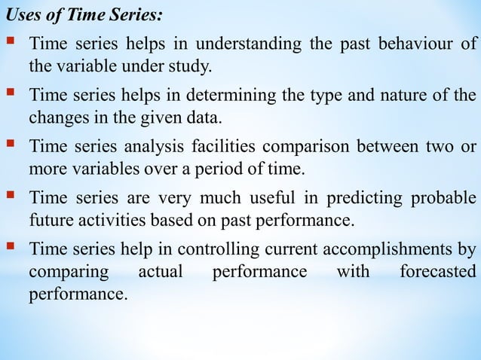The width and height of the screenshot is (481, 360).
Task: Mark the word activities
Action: [107, 221]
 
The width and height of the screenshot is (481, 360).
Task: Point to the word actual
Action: [161, 271]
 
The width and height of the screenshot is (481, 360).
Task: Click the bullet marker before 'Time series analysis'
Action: [14, 145]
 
